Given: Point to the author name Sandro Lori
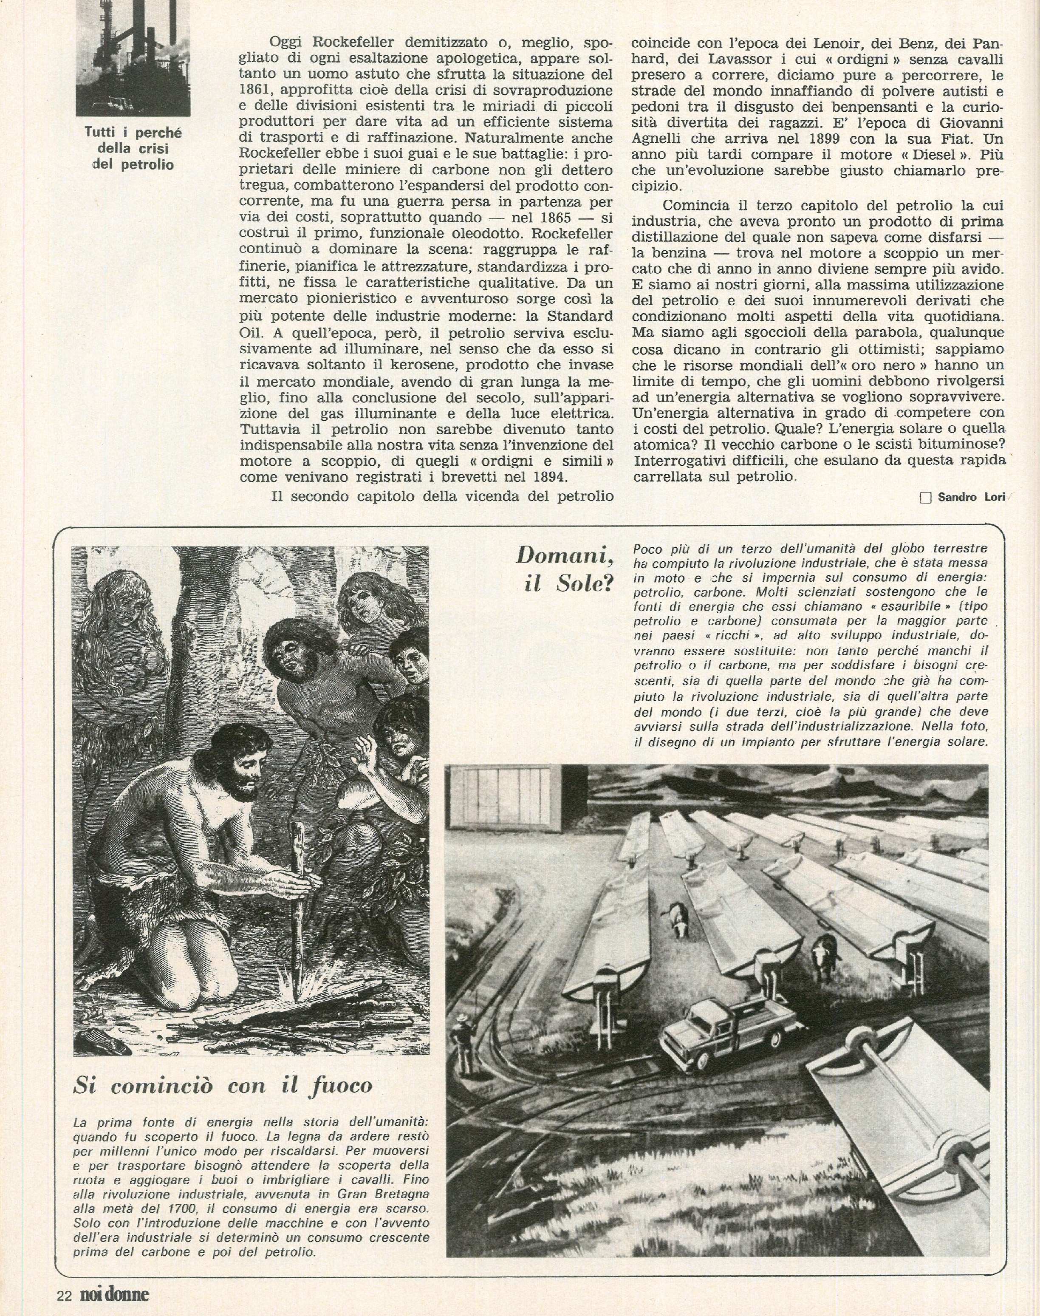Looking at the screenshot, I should pyautogui.click(x=971, y=497).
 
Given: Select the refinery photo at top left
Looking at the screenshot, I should pyautogui.click(x=133, y=58).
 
